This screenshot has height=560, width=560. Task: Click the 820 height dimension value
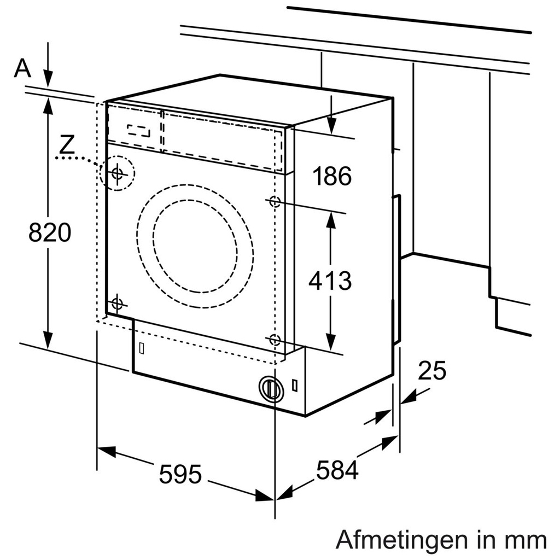pos(50,232)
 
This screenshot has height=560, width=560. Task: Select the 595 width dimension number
pos(180,474)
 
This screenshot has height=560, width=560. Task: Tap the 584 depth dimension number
pos(337,470)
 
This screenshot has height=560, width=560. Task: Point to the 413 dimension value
pos(330,281)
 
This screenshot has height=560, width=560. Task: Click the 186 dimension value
pos(331,176)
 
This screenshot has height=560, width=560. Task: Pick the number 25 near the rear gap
pos(432,371)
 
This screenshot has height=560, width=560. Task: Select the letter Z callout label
pos(67,144)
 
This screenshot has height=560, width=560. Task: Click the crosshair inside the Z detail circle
pos(116,174)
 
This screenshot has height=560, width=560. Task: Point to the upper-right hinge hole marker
pos(275,202)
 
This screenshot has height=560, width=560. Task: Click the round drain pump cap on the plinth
pos(270,388)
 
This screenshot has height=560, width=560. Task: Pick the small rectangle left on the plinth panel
pos(141,348)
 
